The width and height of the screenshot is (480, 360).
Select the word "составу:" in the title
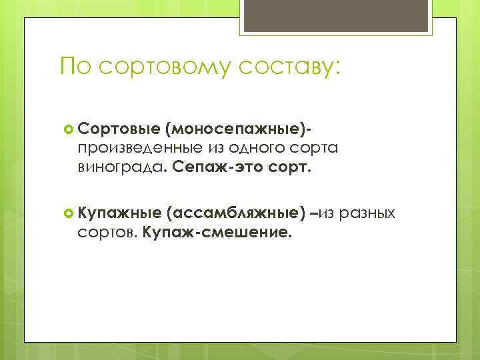pyautogui.click(x=288, y=67)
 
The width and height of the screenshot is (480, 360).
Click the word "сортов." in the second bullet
pyautogui.click(x=107, y=233)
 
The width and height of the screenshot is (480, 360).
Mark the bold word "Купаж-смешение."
pyautogui.click(x=218, y=233)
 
